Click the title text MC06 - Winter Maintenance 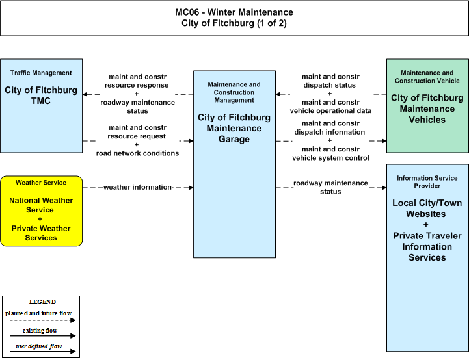tap(234, 12)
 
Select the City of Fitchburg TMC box tap(41, 106)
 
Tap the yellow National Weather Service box tap(41, 211)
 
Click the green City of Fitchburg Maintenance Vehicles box tap(427, 106)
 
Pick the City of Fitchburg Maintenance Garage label tap(234, 128)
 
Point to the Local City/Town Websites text tap(427, 208)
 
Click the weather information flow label tap(138, 187)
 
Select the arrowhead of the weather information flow tap(191, 188)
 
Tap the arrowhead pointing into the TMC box tap(85, 94)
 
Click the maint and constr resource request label tap(137, 132)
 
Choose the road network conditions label tap(137, 153)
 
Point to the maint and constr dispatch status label tap(330, 81)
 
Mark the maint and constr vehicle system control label tap(330, 153)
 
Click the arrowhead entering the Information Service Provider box tap(384, 188)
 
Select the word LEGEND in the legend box tap(42, 302)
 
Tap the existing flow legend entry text tap(40, 331)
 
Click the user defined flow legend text tap(39, 346)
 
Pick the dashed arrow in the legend tap(42, 320)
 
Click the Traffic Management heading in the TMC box tap(41, 73)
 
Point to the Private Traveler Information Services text tap(427, 246)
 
